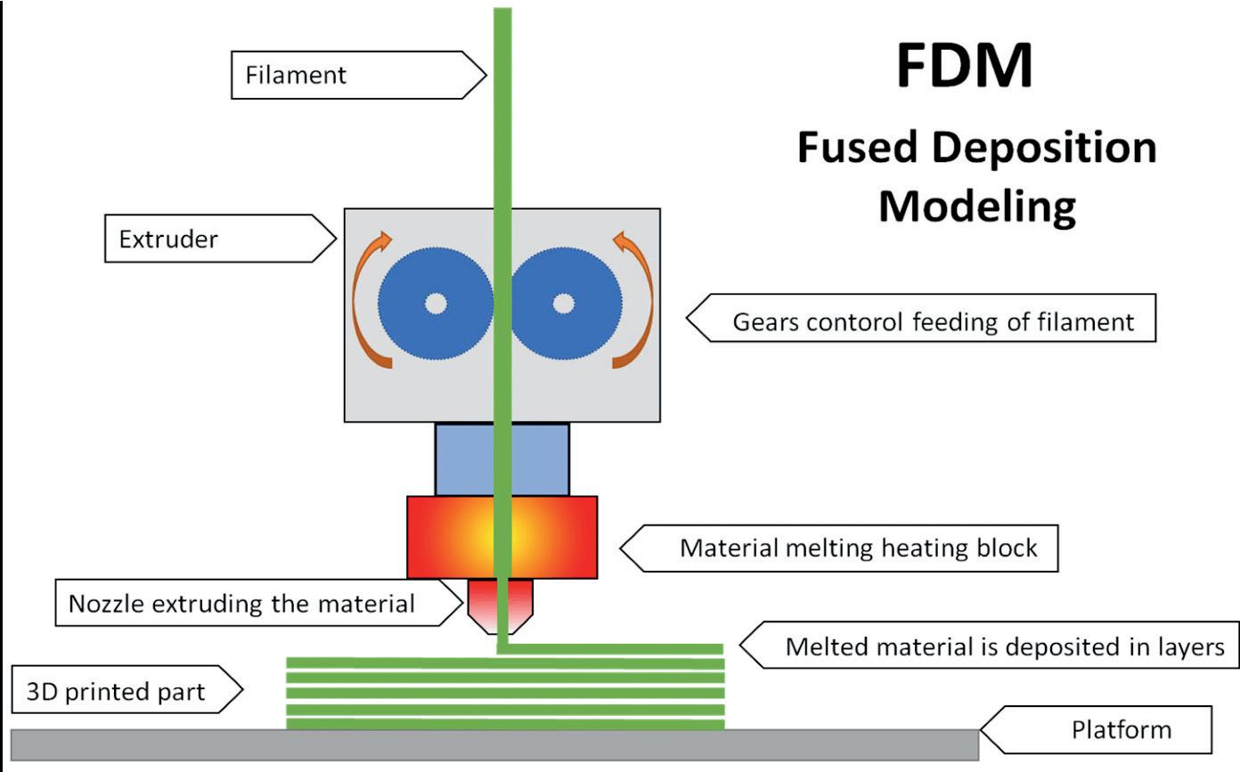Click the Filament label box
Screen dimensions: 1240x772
(x=358, y=76)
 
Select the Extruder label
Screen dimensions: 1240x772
(x=220, y=239)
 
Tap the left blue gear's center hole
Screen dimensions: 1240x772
(x=436, y=304)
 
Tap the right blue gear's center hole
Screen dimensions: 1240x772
(x=564, y=304)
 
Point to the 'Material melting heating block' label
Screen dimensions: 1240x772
(x=839, y=549)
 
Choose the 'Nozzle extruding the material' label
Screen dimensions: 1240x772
(x=259, y=603)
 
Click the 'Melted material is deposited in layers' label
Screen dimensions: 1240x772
(x=989, y=646)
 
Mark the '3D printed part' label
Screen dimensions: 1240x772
(x=126, y=689)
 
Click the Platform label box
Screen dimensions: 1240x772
(x=1096, y=729)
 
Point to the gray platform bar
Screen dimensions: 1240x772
(x=495, y=745)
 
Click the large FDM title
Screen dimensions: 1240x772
(x=965, y=65)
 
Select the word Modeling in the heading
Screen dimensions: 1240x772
(x=977, y=207)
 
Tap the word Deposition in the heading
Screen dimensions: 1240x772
(x=1044, y=149)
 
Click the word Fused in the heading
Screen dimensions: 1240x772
(x=858, y=147)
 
